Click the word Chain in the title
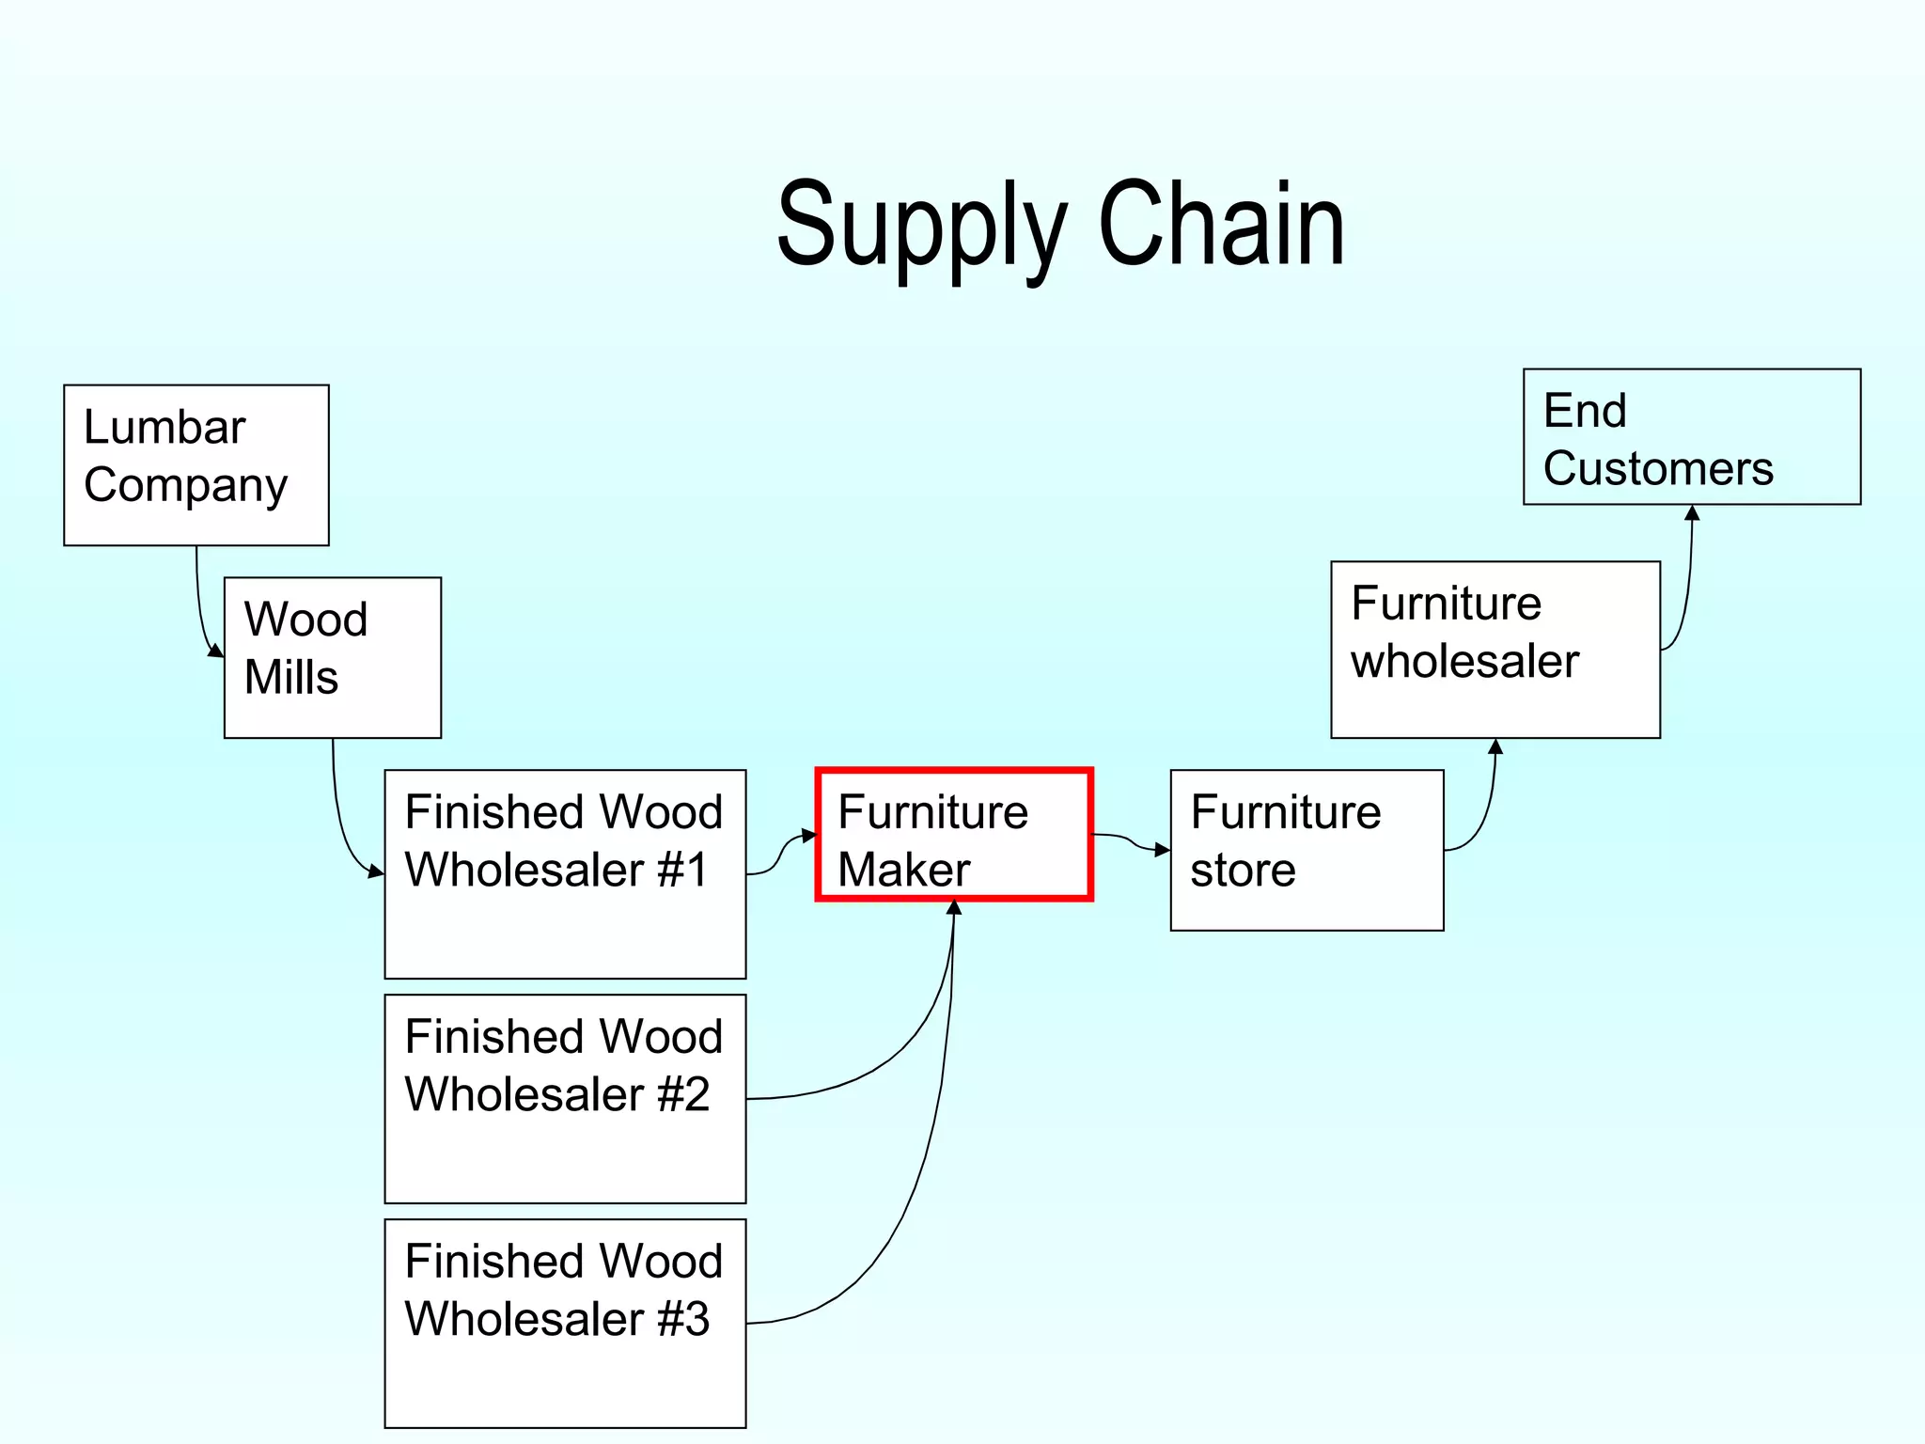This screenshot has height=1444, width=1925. click(x=1221, y=226)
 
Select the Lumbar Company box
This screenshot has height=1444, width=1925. click(x=196, y=464)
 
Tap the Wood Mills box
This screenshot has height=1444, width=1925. click(x=332, y=657)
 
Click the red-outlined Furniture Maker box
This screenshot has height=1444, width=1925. click(x=953, y=835)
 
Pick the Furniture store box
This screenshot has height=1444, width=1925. click(x=1307, y=850)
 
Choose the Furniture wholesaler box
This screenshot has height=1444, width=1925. click(x=1495, y=649)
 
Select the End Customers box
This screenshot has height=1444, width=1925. click(x=1691, y=436)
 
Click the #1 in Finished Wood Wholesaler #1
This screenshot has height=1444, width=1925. click(x=683, y=870)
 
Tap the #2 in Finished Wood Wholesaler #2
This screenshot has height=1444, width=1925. click(x=683, y=1094)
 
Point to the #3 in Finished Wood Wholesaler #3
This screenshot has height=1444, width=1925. click(x=683, y=1319)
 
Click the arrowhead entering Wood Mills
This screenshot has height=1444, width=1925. click(x=216, y=651)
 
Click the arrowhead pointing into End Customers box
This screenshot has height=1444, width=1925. click(x=1692, y=513)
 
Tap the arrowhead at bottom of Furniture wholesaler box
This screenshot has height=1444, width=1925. click(x=1495, y=747)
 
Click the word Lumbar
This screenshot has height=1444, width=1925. click(x=164, y=428)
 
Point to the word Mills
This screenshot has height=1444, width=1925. click(x=291, y=677)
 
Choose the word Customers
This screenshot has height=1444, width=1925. click(x=1658, y=468)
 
